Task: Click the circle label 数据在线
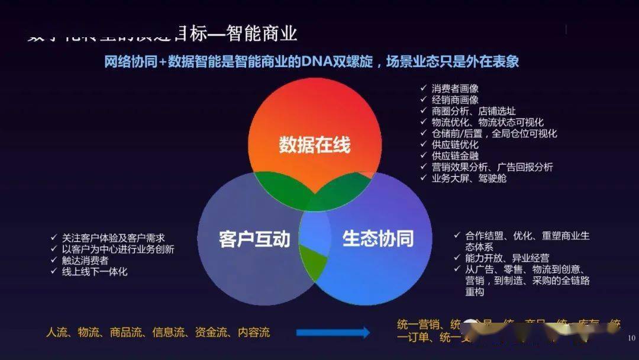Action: (314, 146)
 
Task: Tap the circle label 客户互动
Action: (254, 239)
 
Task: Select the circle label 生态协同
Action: (377, 239)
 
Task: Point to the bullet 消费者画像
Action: (455, 88)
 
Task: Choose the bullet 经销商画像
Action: (455, 99)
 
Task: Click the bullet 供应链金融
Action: (455, 156)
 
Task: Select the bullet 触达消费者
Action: (86, 261)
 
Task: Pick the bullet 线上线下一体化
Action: (95, 272)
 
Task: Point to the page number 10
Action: (631, 338)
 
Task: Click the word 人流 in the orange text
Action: (57, 333)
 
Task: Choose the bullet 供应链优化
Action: (455, 144)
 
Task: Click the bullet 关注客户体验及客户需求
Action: (114, 238)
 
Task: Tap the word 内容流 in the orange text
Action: (254, 333)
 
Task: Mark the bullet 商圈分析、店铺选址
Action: (473, 111)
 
